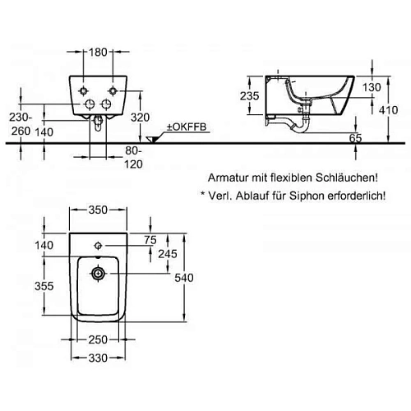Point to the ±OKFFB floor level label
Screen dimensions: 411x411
187,125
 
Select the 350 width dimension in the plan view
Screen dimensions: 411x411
99,210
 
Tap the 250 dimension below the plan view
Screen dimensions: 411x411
99,340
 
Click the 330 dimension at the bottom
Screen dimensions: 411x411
99,358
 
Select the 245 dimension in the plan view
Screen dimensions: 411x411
169,254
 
